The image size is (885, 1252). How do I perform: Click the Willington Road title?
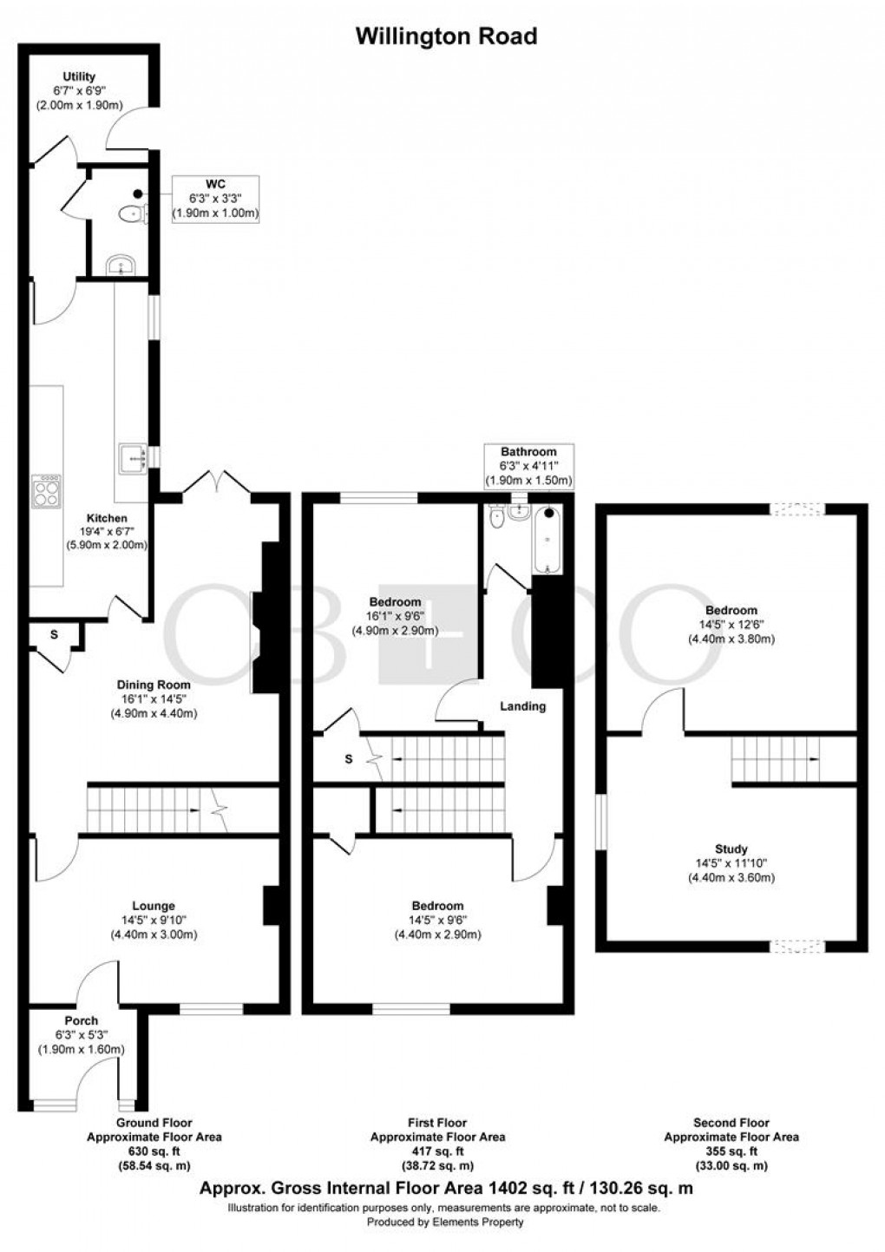tap(446, 36)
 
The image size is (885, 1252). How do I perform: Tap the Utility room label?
tap(79, 77)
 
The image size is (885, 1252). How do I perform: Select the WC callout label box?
tap(216, 198)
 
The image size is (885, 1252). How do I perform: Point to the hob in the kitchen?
tap(47, 492)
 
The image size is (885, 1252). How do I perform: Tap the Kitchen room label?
tap(107, 518)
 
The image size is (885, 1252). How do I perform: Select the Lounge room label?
tap(154, 906)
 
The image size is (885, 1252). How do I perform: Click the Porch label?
tap(81, 1020)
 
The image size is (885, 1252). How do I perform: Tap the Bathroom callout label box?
tap(528, 466)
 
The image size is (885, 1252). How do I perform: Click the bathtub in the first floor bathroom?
tap(547, 540)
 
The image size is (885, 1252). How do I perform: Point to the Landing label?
tap(522, 706)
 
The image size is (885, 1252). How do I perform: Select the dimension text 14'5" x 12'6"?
tap(731, 625)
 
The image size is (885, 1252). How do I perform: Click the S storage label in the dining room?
tap(54, 635)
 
